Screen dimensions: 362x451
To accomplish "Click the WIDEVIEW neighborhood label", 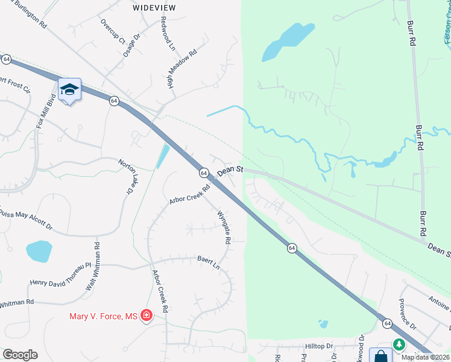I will [154, 8].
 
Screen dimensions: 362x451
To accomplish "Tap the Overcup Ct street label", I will [113, 33].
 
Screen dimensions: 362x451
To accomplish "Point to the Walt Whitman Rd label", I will [92, 267].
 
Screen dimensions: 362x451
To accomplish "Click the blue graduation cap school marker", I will [69, 89].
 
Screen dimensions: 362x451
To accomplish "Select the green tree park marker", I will [399, 344].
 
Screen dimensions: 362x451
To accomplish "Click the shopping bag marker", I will [380, 356].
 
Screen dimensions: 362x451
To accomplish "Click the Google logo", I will [20, 355].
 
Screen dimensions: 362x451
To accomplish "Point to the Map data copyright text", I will [425, 357].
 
